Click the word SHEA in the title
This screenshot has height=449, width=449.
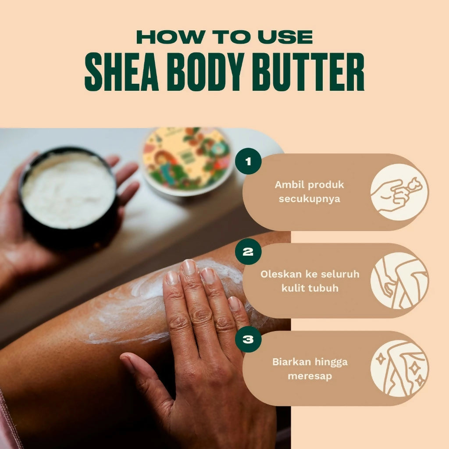coord(122,71)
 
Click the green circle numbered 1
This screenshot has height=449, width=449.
coord(248,161)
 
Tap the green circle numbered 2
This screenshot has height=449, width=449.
coord(248,252)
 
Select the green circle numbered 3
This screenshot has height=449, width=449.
coord(248,339)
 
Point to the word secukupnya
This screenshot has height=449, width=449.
coord(310,199)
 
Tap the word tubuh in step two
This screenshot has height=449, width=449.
coord(324,288)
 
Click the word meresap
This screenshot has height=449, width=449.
coord(310,376)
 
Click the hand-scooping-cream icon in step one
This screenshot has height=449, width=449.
coord(399,192)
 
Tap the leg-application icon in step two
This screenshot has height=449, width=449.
coord(399,281)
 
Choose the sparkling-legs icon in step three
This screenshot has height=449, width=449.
coord(399,368)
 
